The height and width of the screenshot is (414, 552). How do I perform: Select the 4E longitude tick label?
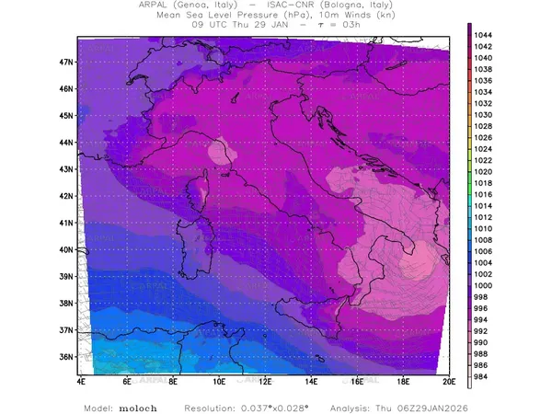81,379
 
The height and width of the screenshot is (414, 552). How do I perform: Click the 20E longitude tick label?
448,379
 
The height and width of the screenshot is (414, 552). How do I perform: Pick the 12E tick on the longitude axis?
265,379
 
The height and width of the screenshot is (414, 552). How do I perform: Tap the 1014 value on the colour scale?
483,205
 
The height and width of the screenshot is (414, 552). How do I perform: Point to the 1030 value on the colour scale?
483,114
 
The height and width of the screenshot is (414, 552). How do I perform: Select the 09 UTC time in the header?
207,25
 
